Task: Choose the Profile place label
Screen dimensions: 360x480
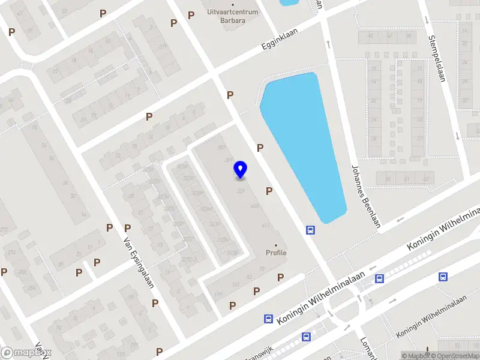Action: [277, 253]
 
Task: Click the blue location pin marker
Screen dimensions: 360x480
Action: [241, 170]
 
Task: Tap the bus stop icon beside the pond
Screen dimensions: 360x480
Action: [311, 230]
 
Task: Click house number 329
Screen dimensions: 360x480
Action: [241, 191]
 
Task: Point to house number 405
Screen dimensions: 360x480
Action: [255, 206]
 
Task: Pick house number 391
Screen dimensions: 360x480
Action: [228, 160]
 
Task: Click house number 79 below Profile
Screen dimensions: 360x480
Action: [262, 269]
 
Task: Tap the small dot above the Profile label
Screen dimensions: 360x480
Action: [276, 245]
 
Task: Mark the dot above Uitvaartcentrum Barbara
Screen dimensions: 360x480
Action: [232, 4]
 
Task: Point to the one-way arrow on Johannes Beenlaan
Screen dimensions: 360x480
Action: [328, 44]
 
